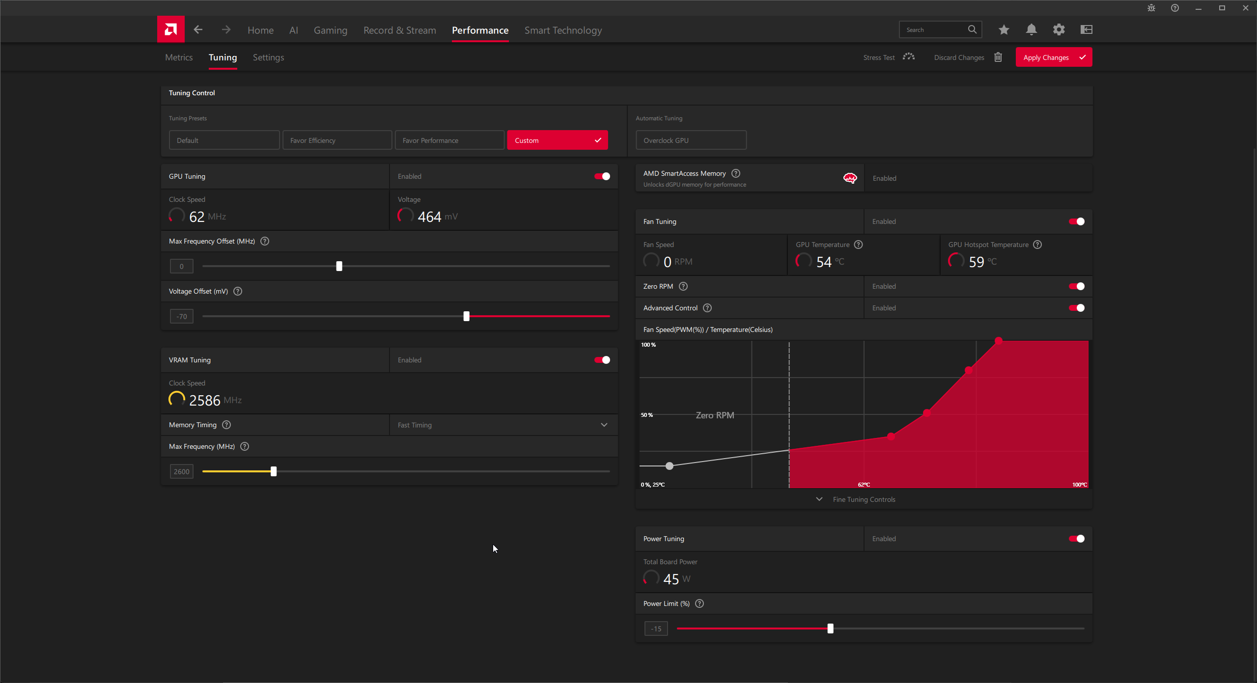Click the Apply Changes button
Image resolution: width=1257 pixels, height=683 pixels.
coord(1054,57)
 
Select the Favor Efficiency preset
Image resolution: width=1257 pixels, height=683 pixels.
coord(337,140)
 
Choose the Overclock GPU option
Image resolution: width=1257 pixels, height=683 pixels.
coord(691,140)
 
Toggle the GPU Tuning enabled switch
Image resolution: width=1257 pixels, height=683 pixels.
coord(602,176)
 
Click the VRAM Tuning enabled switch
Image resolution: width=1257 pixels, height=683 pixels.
coord(602,360)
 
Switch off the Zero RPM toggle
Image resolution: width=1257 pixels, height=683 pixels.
coord(1077,286)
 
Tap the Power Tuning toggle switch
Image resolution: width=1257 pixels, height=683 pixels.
coord(1077,539)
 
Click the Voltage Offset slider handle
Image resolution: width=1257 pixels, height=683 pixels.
coord(467,316)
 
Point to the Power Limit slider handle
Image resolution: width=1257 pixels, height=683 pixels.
coord(830,628)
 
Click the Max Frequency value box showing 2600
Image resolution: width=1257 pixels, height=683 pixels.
coord(181,471)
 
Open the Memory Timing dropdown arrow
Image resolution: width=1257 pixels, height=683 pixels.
coord(604,425)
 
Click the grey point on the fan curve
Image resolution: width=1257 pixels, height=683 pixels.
coord(670,465)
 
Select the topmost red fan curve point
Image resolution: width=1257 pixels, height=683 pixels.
coord(999,340)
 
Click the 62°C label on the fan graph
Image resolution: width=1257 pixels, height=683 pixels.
coord(864,485)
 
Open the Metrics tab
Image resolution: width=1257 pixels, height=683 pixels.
coord(179,57)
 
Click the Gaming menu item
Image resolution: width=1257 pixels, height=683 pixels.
coord(331,30)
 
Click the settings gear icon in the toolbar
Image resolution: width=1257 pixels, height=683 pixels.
coord(1059,29)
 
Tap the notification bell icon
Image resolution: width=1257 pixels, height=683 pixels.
coord(1032,29)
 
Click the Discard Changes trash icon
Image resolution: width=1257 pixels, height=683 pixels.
coord(998,57)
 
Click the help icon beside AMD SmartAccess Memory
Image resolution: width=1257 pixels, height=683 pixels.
coord(736,173)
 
